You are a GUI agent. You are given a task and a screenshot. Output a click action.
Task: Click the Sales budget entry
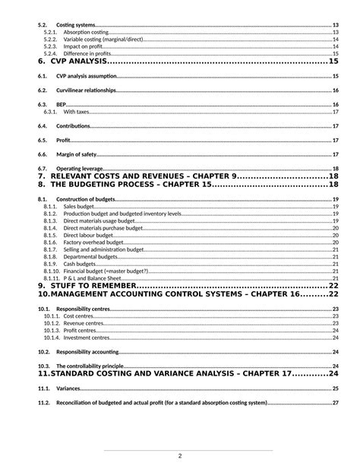(x=79, y=206)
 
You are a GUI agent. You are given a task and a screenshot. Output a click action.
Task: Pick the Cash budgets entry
(x=80, y=263)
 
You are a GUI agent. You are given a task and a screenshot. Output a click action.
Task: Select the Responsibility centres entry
(x=83, y=309)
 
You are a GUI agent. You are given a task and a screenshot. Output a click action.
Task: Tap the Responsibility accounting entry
(x=87, y=352)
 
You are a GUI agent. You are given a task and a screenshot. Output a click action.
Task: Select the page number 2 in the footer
(x=180, y=456)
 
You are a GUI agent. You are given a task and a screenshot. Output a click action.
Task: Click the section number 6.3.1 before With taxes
(x=50, y=112)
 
